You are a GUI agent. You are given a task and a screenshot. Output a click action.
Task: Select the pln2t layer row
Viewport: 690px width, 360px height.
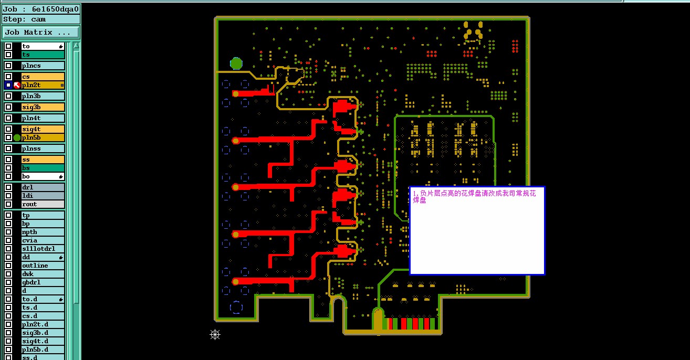coord(43,85)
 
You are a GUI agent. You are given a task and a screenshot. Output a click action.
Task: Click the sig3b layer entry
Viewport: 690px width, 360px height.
coord(43,107)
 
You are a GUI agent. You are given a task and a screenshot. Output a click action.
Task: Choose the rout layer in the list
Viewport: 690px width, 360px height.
coord(43,204)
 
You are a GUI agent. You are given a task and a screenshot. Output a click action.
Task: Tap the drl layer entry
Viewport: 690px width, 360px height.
coord(43,187)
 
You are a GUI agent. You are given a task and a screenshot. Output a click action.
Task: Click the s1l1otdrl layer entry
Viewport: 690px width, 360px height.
coord(43,249)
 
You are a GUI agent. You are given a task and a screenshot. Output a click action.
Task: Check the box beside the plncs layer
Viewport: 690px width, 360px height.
coord(8,66)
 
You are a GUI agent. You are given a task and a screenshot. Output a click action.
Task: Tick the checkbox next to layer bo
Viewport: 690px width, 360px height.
coord(8,176)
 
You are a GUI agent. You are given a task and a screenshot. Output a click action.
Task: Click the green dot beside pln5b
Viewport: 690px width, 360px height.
coord(17,137)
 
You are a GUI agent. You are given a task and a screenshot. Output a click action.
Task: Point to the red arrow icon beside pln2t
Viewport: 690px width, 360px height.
coord(17,85)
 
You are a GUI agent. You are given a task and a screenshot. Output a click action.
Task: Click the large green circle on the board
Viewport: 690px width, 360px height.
coord(236,63)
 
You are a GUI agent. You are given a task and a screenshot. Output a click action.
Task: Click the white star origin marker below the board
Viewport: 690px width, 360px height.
coord(215,334)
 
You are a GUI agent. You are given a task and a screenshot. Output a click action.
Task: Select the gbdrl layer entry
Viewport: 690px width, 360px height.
coord(43,282)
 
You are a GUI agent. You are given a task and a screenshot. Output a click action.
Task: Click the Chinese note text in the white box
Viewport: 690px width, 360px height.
coord(474,196)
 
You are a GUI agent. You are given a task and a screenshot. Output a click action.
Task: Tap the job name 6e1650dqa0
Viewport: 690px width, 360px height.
coord(56,9)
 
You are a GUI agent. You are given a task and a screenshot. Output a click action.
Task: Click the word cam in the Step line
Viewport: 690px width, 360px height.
coord(38,19)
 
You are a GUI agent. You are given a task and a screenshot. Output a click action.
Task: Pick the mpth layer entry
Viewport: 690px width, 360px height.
coord(43,232)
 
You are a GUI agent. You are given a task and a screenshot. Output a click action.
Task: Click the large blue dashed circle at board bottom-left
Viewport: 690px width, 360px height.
coord(236,308)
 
